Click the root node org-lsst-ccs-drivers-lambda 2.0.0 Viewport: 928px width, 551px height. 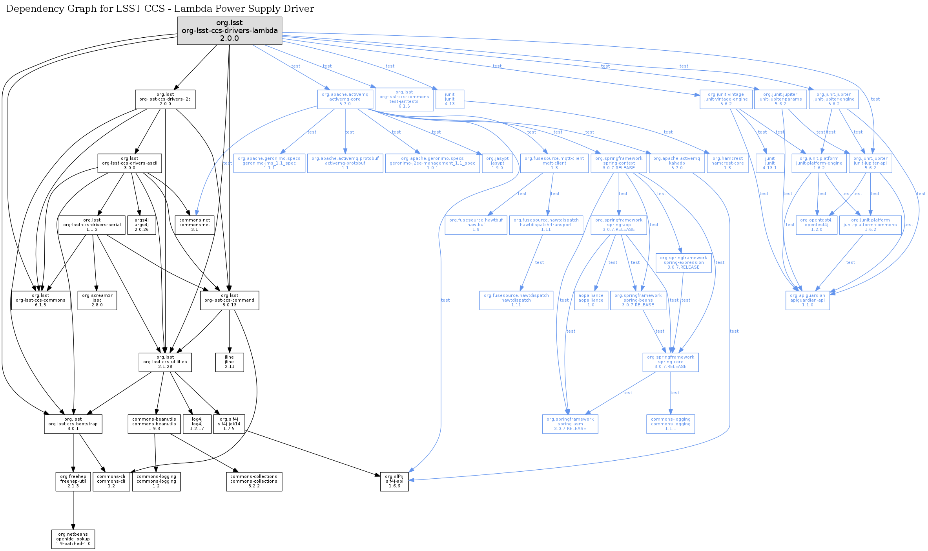(x=230, y=31)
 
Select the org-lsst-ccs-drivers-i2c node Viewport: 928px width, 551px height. (x=165, y=99)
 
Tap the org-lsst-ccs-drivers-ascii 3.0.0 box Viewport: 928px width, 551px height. (x=129, y=163)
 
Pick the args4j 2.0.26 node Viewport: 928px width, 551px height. (x=142, y=225)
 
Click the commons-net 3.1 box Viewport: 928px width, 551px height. (x=195, y=225)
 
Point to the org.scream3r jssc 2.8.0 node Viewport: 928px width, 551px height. (x=97, y=300)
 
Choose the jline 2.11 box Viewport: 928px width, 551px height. (x=230, y=362)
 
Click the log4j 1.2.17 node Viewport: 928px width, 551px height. (x=197, y=424)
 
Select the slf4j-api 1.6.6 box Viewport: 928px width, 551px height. (x=394, y=481)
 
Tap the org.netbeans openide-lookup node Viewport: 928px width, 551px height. (x=73, y=539)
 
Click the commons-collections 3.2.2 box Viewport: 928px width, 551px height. (x=254, y=481)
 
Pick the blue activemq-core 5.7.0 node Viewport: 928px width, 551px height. (x=345, y=99)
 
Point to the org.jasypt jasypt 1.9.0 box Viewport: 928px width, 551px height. (x=498, y=163)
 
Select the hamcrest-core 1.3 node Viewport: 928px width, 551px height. (x=727, y=163)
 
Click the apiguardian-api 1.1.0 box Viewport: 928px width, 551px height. (x=808, y=300)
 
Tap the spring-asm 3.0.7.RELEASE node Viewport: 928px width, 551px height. (x=570, y=424)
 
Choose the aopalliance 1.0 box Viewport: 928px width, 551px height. (x=591, y=300)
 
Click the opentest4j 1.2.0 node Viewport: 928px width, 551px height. (x=817, y=225)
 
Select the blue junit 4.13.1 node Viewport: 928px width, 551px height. (x=770, y=163)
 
